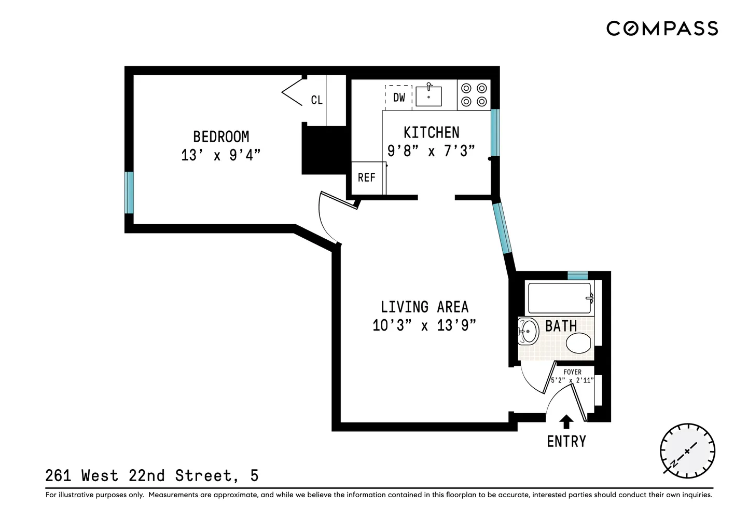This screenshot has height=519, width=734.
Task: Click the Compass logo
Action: (662, 28)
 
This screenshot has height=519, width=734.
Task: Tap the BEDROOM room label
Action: (221, 137)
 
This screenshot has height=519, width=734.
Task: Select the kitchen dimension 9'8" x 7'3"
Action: (431, 151)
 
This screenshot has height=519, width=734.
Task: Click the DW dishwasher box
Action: (398, 98)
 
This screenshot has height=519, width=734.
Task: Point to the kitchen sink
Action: (428, 96)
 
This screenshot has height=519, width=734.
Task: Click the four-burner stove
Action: (474, 95)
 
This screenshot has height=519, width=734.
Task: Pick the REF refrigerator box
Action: (366, 178)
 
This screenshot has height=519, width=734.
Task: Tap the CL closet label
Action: (316, 100)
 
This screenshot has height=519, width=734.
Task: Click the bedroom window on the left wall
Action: (129, 193)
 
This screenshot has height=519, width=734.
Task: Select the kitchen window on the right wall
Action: (495, 133)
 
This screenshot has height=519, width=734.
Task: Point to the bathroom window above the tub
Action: (577, 276)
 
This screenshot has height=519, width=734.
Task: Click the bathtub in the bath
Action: (559, 298)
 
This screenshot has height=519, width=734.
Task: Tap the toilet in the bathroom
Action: (578, 344)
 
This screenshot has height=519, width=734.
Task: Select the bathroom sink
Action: (528, 331)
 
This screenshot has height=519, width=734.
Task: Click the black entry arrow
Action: (566, 421)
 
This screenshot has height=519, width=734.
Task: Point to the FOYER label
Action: (572, 372)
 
